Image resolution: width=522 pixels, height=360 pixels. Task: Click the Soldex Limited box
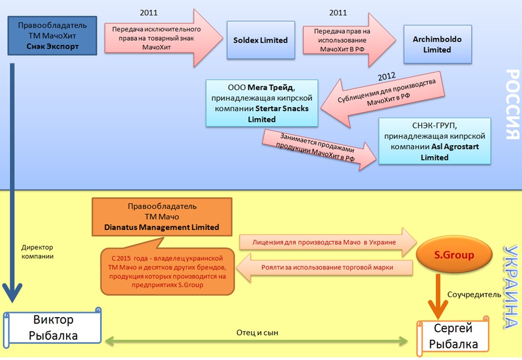261,40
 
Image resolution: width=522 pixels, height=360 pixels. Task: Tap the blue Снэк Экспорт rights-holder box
52,36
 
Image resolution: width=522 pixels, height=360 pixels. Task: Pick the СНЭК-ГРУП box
435,141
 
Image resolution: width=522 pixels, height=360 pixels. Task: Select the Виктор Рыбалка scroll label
53,327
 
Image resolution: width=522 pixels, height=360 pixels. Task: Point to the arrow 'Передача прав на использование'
345,40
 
